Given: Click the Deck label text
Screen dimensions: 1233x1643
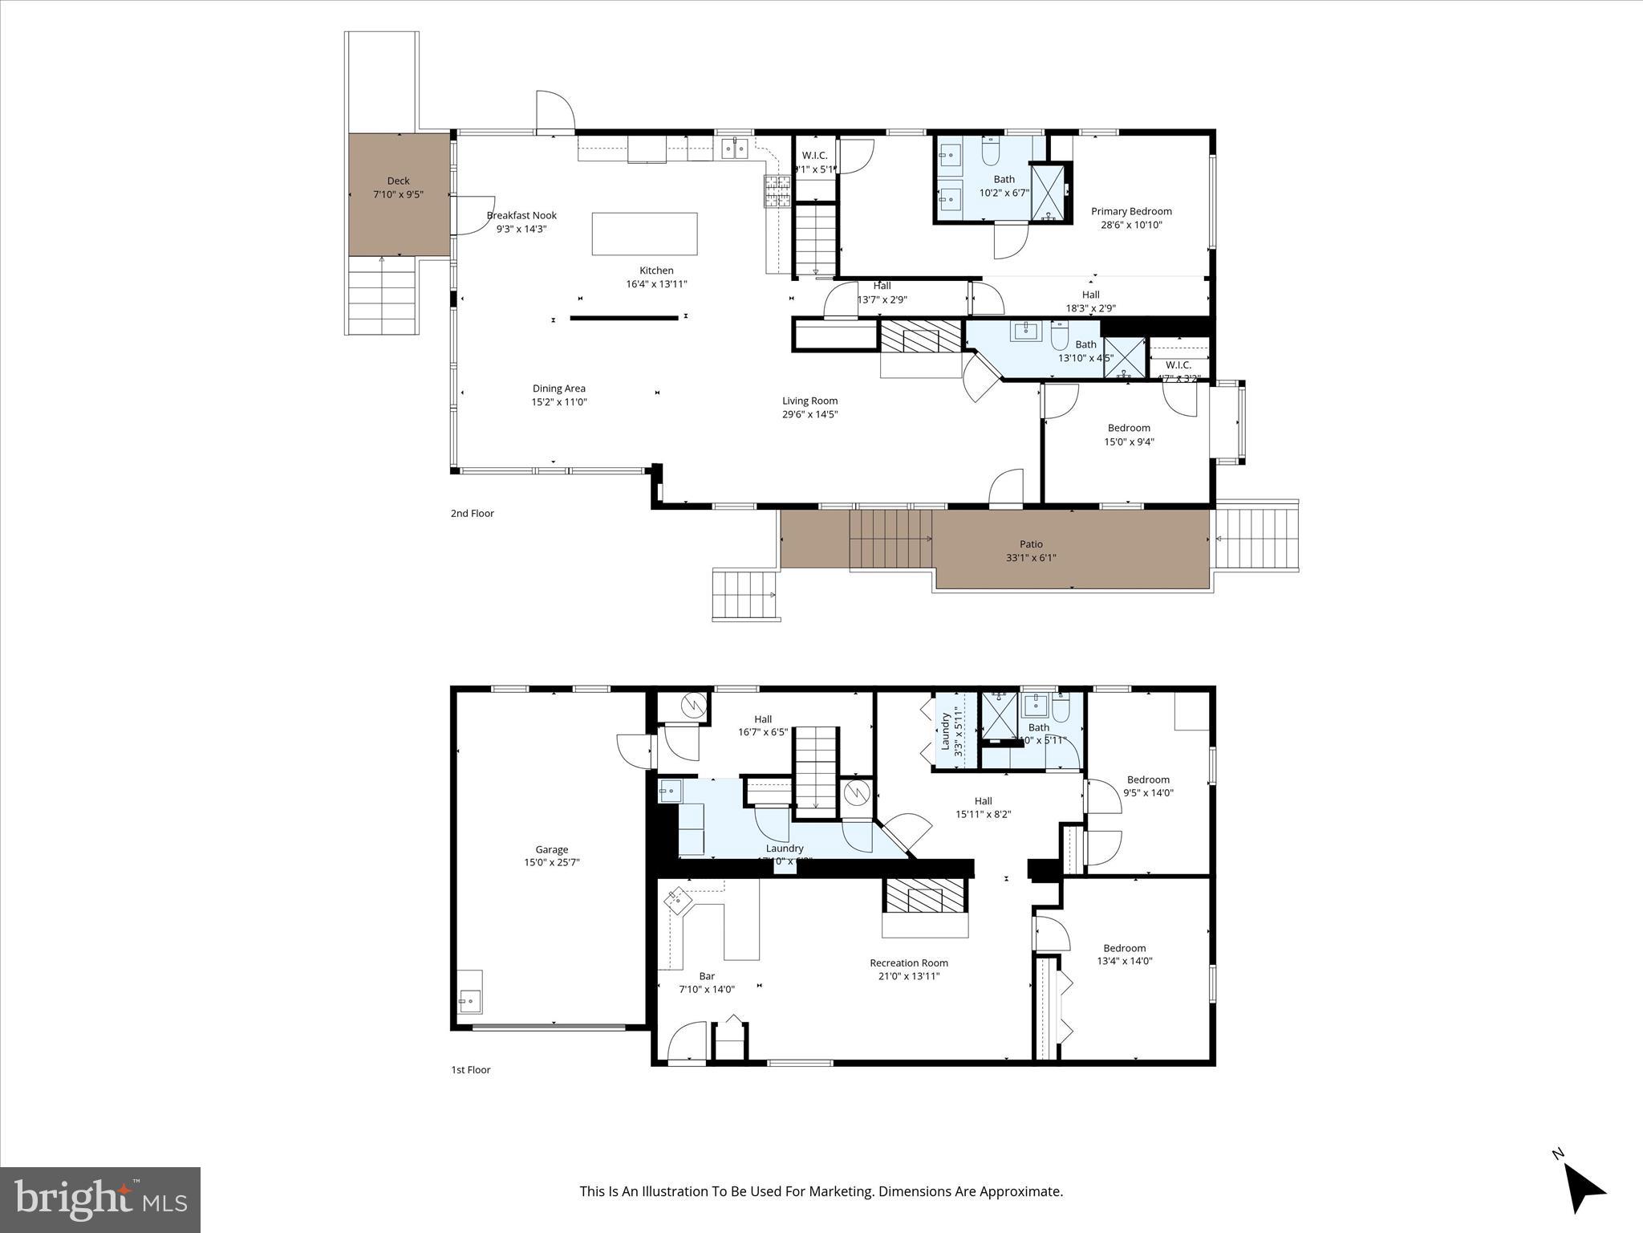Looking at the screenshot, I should [x=398, y=181].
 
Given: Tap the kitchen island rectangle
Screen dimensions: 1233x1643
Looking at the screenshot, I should [x=644, y=234].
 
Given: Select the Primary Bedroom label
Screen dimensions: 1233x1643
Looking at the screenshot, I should [x=1131, y=211].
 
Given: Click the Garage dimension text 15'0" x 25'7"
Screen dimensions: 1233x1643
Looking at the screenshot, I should [x=552, y=863].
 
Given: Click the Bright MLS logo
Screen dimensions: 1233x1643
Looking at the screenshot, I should [x=100, y=1199].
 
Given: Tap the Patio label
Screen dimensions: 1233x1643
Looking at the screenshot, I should [x=1031, y=544].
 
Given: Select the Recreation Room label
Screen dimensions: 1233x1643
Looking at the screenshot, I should [x=909, y=962].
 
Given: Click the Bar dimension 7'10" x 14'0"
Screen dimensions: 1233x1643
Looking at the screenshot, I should [x=707, y=989].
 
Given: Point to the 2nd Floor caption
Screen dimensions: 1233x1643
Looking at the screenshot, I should [x=472, y=513].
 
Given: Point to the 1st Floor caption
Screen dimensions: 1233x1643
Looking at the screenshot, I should [x=470, y=1069].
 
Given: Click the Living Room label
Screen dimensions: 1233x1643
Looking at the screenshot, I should [x=809, y=401].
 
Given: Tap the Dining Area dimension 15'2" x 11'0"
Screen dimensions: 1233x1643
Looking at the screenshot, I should [x=559, y=402].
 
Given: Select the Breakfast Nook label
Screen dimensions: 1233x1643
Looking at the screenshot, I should [x=521, y=215].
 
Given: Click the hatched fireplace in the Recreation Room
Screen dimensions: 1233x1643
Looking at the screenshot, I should [x=926, y=895].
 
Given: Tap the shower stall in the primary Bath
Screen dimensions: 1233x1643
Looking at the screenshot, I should [x=1050, y=192].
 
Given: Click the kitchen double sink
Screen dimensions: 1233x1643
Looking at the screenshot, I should [x=735, y=148].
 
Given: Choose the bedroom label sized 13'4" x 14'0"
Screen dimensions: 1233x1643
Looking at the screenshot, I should [x=1124, y=948].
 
